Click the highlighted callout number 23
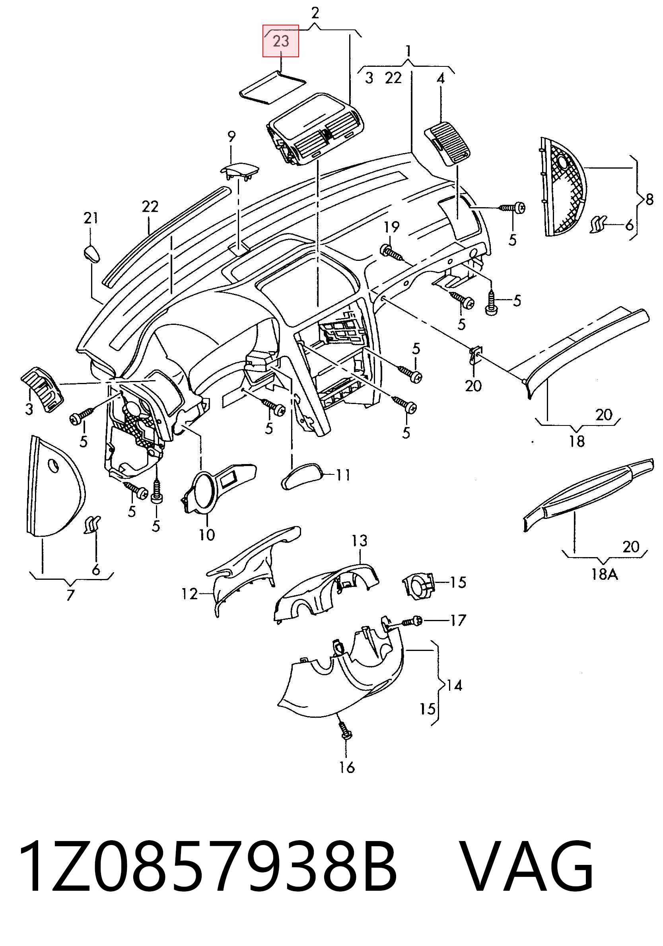pyautogui.click(x=281, y=41)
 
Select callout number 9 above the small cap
pyautogui.click(x=231, y=136)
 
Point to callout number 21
pyautogui.click(x=91, y=218)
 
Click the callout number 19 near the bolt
pyautogui.click(x=392, y=227)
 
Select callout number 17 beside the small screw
pyautogui.click(x=458, y=620)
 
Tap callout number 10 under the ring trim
pyautogui.click(x=207, y=535)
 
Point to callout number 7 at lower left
pyautogui.click(x=70, y=595)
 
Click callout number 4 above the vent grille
pyautogui.click(x=441, y=78)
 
